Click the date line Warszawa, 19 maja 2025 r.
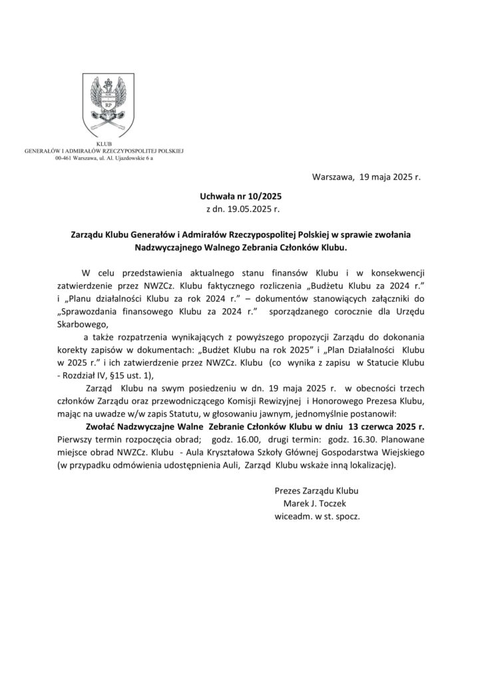pos(366,178)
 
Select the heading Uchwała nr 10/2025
pos(240,197)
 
